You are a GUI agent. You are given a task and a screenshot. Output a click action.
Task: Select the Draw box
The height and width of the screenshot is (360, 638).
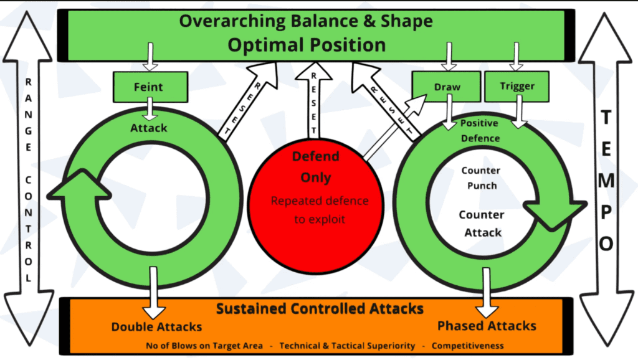tap(447, 87)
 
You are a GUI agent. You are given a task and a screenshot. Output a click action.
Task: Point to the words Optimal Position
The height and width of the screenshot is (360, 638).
tap(306, 45)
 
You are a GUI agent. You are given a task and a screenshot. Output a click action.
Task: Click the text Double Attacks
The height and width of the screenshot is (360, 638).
tap(156, 326)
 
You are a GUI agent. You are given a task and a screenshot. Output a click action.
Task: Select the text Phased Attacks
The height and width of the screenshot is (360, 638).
tap(487, 326)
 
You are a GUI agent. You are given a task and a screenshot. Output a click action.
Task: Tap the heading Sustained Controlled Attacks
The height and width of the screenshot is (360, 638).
tap(320, 309)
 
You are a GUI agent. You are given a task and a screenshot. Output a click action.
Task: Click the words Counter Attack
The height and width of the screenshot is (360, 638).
tap(482, 224)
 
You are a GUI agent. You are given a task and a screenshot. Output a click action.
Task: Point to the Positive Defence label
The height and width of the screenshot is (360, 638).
tap(480, 130)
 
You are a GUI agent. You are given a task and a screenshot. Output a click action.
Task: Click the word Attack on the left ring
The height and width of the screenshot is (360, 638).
tap(149, 128)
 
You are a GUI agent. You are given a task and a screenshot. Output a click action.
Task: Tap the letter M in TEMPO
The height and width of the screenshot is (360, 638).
tap(606, 181)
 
